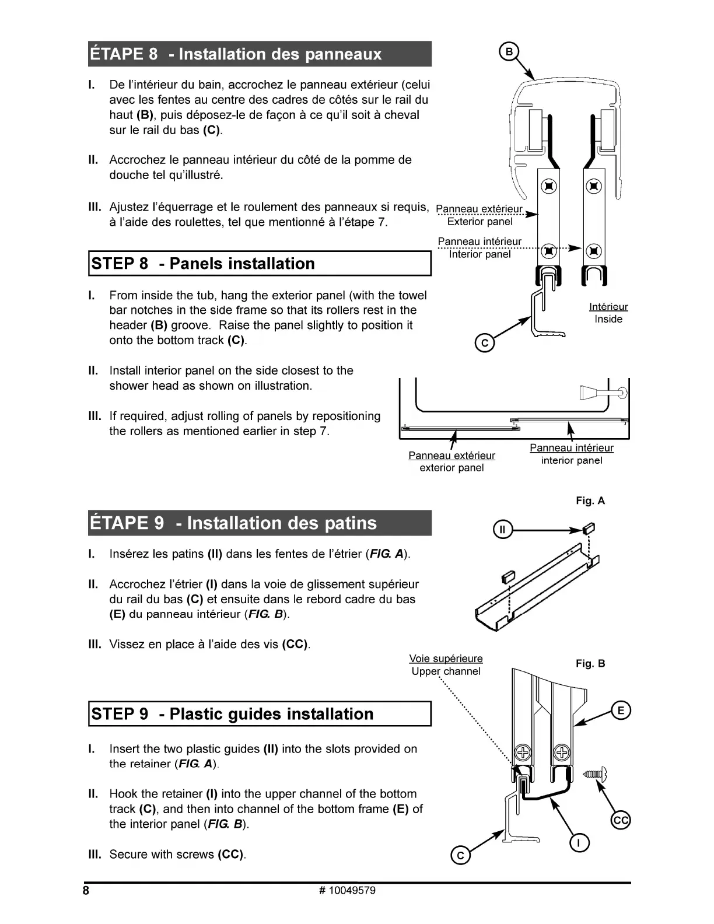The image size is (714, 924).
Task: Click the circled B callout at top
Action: point(509,52)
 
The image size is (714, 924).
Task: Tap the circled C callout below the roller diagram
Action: point(484,344)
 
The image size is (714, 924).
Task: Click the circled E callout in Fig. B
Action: point(621,710)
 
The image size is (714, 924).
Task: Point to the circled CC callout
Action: point(621,821)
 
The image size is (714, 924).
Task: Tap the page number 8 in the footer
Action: point(86,891)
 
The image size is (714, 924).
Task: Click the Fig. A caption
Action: point(590,501)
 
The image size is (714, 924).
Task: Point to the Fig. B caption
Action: point(590,663)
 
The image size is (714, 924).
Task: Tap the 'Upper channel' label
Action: point(446,671)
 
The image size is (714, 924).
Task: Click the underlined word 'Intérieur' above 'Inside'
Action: point(608,307)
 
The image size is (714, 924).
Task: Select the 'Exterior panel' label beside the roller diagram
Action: point(480,222)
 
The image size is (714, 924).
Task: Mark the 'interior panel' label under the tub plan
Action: point(572,461)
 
